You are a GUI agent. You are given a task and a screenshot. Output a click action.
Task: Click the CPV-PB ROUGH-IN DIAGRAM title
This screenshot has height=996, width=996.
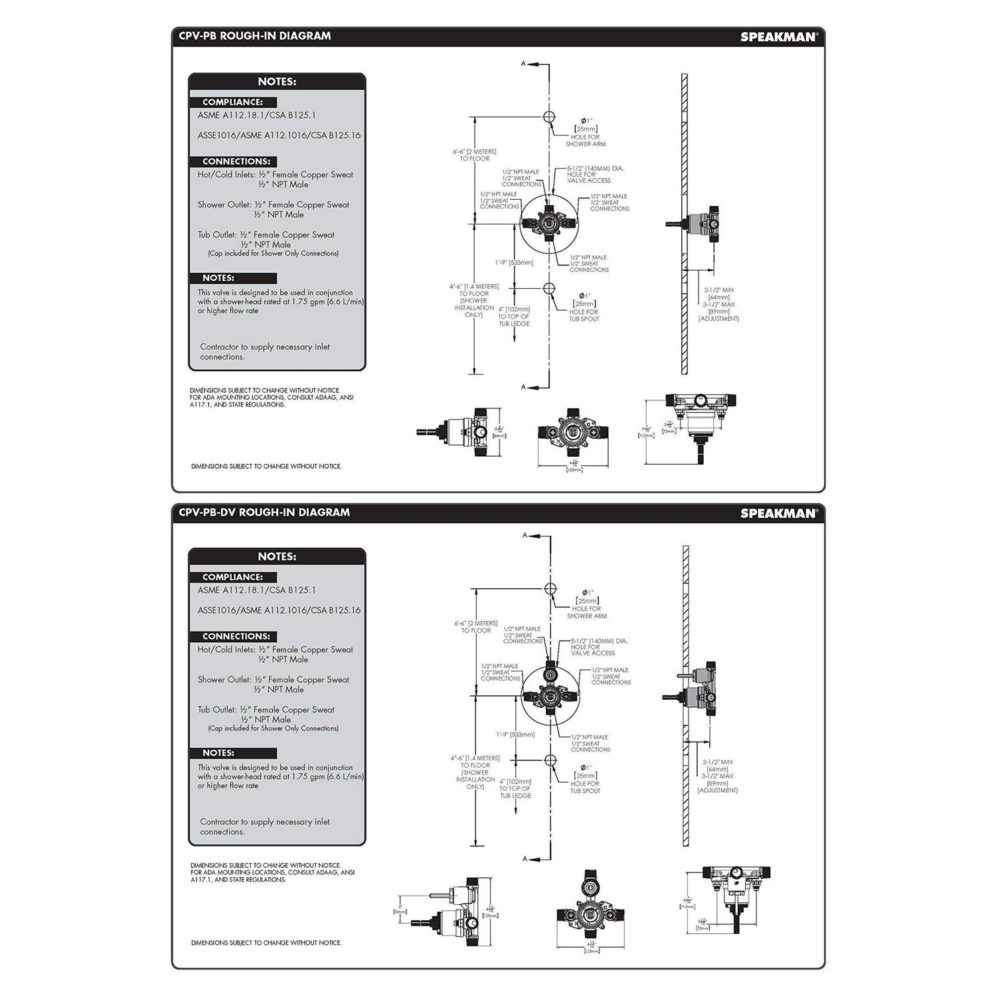(254, 36)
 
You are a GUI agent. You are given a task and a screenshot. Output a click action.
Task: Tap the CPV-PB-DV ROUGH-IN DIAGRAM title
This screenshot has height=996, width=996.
(264, 512)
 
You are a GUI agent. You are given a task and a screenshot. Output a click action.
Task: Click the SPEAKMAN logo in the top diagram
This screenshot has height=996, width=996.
(778, 37)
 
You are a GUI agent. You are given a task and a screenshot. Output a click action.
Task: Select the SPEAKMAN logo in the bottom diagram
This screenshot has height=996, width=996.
(778, 513)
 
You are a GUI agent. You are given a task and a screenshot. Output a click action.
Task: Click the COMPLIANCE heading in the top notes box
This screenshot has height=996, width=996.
(232, 102)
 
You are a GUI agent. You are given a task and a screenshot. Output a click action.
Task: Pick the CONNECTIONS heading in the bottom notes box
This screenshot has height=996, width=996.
(236, 636)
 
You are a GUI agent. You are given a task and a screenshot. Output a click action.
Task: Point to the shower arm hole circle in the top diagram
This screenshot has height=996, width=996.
(549, 117)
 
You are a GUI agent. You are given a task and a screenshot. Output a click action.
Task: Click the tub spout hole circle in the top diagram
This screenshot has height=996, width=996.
(549, 288)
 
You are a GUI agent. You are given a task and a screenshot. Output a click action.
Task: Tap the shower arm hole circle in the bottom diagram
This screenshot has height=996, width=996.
(550, 589)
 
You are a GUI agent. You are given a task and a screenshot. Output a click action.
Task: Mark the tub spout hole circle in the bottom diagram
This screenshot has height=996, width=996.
(550, 760)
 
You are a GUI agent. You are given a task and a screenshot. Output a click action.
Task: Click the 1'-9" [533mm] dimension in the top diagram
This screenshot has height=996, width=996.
(514, 263)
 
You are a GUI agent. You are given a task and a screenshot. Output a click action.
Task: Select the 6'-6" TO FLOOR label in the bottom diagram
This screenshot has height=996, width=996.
(475, 627)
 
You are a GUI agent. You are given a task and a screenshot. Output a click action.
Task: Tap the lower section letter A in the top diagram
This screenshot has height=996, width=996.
(523, 387)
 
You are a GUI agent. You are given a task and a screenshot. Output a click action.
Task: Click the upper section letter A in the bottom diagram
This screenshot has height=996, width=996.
(525, 535)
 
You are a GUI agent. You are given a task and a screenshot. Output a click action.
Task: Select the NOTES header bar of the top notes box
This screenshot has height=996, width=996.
(277, 82)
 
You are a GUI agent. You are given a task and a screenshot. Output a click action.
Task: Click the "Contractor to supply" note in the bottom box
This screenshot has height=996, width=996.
(264, 826)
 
